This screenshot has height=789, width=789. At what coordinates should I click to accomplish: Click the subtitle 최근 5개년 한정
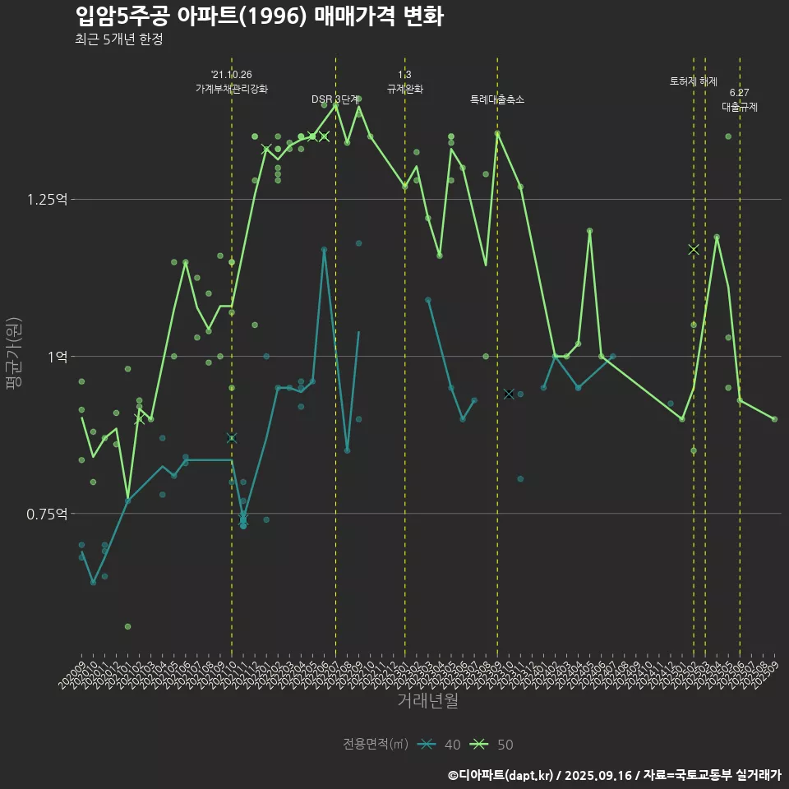click(118, 39)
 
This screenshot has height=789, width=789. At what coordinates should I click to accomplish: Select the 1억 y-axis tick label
click(58, 357)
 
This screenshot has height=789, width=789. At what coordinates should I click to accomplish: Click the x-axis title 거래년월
click(427, 700)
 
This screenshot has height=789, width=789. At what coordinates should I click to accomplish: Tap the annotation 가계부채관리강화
click(232, 88)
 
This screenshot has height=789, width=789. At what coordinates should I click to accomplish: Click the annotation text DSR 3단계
click(335, 99)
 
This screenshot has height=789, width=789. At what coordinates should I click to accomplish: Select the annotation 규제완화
click(404, 88)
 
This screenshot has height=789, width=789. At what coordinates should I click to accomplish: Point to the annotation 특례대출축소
click(497, 99)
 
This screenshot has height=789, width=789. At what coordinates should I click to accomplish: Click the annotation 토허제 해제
click(694, 81)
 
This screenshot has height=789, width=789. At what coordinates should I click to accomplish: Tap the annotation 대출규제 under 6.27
click(740, 107)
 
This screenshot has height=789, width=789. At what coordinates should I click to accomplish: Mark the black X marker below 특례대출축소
click(509, 394)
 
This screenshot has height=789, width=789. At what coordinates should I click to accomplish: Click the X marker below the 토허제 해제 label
click(694, 249)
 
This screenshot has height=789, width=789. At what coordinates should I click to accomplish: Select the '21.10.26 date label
click(232, 75)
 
